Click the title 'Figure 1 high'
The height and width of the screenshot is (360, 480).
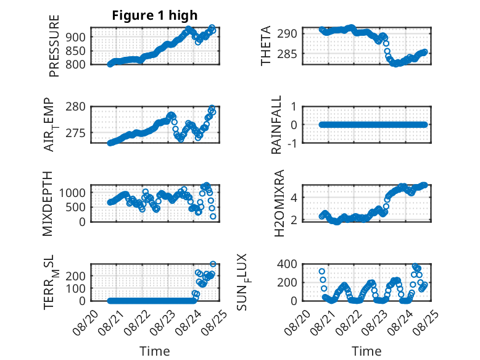(155, 15)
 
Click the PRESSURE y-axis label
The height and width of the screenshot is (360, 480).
(54, 46)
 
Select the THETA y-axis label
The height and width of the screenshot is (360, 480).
(266, 46)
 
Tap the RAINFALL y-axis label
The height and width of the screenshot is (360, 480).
(276, 125)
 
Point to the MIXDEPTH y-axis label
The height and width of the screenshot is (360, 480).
(48, 204)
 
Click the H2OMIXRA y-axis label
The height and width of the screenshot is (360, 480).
(279, 203)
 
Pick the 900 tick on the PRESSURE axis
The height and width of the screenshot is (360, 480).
(75, 37)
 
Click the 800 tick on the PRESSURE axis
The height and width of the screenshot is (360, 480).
(75, 64)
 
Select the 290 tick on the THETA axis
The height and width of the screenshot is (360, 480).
(287, 33)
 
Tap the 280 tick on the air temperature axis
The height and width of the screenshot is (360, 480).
(75, 107)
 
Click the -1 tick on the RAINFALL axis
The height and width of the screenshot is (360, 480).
(292, 143)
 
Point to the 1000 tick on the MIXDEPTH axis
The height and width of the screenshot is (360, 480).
(72, 193)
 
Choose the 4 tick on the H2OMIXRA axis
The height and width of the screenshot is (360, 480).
(294, 198)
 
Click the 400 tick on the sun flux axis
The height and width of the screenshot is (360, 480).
(287, 264)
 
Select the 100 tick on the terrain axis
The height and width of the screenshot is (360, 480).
(75, 288)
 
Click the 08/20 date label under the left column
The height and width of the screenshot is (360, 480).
(86, 322)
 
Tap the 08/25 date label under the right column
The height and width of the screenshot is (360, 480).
(426, 322)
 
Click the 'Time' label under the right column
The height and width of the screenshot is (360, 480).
(366, 351)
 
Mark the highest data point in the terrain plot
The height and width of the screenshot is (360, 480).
(213, 264)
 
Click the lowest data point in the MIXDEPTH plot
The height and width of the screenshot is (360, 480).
(213, 216)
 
